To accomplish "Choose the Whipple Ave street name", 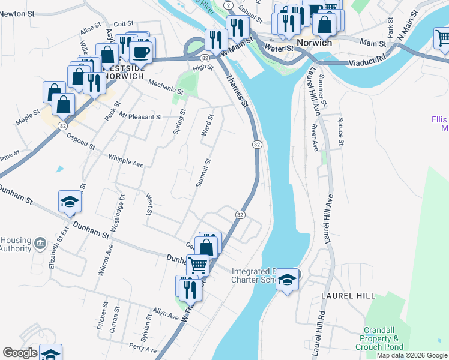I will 126,160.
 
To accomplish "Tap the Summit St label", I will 203,172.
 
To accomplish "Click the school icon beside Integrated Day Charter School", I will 288,281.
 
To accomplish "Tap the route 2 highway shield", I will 228,5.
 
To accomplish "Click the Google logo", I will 20,353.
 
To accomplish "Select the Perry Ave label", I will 143,349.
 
